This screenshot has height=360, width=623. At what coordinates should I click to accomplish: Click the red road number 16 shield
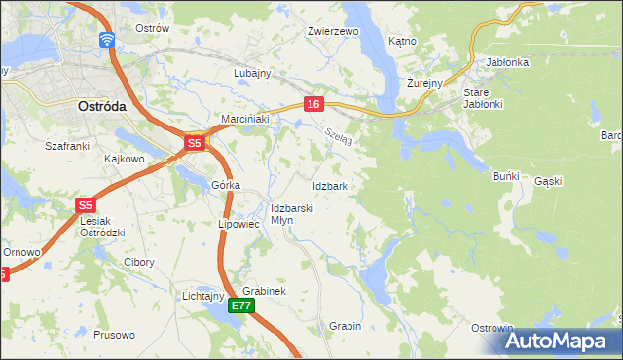coord(312,104)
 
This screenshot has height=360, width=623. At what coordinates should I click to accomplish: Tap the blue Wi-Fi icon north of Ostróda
coord(106,40)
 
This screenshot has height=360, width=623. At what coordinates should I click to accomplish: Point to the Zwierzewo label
coord(334,31)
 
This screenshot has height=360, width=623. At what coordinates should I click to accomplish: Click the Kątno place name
coord(402,42)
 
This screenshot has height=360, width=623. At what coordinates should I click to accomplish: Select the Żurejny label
coord(425,83)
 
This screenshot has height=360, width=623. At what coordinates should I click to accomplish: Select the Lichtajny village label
coord(203,296)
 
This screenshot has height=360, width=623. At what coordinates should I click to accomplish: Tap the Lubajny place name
coord(252,73)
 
